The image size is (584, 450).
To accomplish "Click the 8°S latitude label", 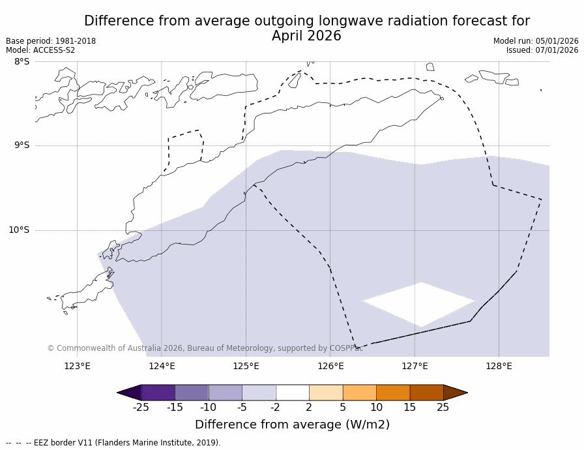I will tap(22, 62).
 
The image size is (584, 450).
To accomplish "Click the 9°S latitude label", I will tap(22, 145).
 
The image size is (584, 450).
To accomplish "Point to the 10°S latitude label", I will tap(19, 230).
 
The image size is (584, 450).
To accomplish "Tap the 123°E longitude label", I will tap(77, 366).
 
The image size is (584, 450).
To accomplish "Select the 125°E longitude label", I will tap(246, 366).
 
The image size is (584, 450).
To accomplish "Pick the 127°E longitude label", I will tap(415, 366).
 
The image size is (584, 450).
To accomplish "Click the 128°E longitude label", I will tap(499, 366).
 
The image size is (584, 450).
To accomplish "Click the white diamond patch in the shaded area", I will tap(420, 304).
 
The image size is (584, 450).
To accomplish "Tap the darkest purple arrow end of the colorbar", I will tap(129, 393).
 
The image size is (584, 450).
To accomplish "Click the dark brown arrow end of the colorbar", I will tap(455, 393).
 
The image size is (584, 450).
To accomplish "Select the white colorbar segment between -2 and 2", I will tap(292, 393).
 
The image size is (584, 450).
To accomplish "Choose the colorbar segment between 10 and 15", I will tap(393, 393).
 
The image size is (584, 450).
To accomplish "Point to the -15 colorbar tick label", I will tap(175, 408).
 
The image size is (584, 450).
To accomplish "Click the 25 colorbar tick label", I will tap(443, 408).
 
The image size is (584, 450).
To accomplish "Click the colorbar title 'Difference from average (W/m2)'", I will tap(292, 425).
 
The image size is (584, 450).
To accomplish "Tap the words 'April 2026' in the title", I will tap(306, 37).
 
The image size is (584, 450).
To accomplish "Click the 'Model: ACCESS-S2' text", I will tap(40, 50).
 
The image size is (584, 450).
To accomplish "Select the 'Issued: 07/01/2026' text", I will tap(542, 50).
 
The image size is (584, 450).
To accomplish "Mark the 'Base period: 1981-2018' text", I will tap(51, 41).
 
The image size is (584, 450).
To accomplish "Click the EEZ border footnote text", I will tap(113, 443).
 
